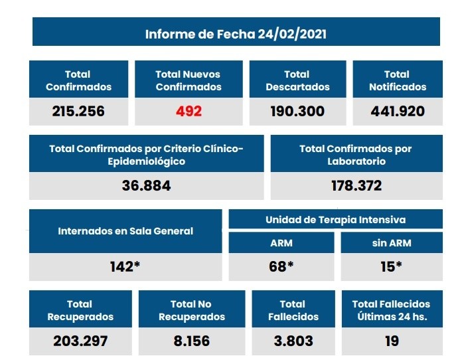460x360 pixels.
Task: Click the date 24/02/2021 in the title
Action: (x=292, y=34)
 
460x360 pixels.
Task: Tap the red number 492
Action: (x=189, y=112)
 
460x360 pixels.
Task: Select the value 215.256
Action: (x=78, y=112)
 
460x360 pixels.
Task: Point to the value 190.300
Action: (x=297, y=112)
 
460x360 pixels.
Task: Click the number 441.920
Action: (x=398, y=112)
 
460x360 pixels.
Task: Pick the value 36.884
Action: (x=146, y=186)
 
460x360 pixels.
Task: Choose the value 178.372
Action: (x=356, y=186)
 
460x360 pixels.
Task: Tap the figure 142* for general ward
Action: (x=125, y=267)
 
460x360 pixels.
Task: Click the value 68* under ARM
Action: (x=281, y=267)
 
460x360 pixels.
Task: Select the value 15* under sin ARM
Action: (x=392, y=267)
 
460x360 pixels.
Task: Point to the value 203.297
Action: (x=80, y=341)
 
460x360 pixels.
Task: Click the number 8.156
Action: (x=191, y=341)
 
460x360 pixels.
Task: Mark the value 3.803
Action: (x=292, y=341)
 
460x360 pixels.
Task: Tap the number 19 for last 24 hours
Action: (x=392, y=341)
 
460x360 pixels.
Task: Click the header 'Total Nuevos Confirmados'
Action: (x=188, y=80)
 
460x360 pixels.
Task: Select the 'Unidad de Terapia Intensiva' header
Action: (x=335, y=219)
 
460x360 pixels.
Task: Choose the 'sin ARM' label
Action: (x=392, y=243)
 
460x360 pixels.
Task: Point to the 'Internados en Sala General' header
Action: (x=125, y=231)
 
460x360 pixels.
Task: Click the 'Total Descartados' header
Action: (x=297, y=80)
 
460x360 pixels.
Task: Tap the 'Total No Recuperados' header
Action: (x=192, y=310)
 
